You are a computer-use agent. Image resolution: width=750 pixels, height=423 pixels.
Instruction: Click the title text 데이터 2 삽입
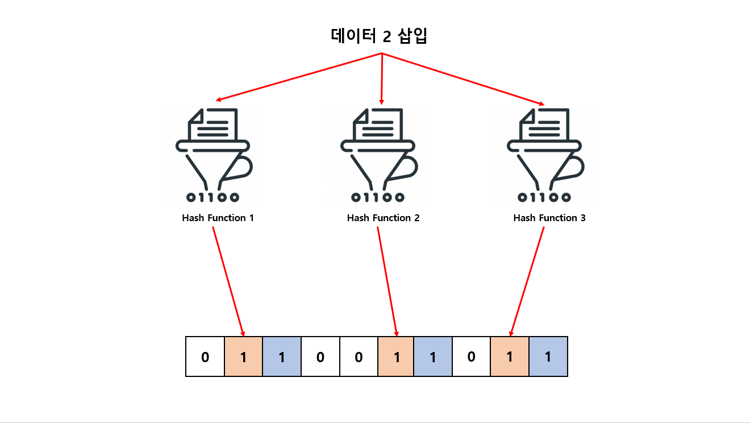click(x=379, y=36)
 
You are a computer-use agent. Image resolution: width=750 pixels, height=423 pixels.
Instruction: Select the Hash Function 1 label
click(x=218, y=218)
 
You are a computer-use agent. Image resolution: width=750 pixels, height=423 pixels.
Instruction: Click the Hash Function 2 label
click(x=383, y=218)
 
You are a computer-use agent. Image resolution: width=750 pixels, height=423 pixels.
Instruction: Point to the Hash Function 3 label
click(x=549, y=218)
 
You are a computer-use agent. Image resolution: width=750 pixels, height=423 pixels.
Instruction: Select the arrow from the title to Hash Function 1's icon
click(x=298, y=77)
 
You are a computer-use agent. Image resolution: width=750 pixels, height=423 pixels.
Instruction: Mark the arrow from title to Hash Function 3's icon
click(x=463, y=79)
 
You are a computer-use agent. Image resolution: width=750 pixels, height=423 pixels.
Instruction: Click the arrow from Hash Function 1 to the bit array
click(x=228, y=281)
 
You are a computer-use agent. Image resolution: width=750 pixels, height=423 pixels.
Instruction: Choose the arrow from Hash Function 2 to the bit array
click(x=387, y=281)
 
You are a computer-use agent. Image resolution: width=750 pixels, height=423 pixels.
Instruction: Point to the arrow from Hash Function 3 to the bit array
click(x=527, y=281)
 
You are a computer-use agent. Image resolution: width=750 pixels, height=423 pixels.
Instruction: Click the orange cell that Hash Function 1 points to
click(x=244, y=356)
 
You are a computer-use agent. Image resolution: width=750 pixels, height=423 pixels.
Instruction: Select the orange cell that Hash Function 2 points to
click(x=396, y=356)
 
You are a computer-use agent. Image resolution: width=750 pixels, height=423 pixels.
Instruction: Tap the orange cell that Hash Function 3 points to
click(x=510, y=356)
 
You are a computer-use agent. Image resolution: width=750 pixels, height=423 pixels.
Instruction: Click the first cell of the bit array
click(x=205, y=356)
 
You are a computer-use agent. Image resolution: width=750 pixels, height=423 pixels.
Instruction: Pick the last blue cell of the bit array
click(x=548, y=356)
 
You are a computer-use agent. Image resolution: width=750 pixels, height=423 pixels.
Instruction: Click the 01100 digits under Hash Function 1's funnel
click(x=213, y=197)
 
